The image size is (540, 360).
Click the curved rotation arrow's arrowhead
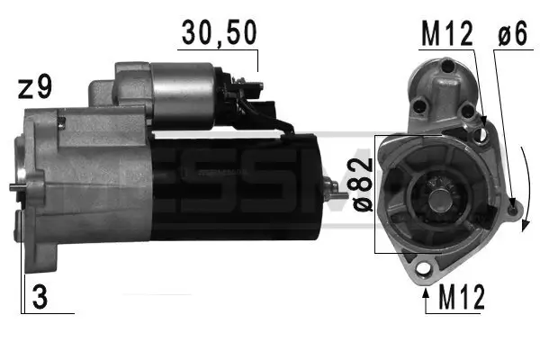525,220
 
